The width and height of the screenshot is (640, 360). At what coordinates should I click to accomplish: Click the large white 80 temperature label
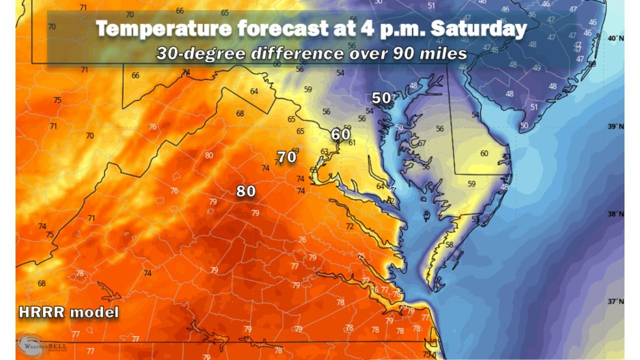click(x=246, y=191)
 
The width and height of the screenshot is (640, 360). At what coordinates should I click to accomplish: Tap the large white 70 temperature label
click(x=287, y=157)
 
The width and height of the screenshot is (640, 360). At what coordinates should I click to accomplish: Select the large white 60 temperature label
click(x=340, y=134)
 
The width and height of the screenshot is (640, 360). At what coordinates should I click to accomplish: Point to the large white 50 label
click(x=381, y=98)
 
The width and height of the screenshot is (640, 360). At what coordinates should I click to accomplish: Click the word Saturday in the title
click(x=478, y=28)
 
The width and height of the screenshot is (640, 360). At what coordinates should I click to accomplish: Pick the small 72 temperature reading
click(x=350, y=227)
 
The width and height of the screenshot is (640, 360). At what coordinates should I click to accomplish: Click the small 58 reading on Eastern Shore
click(x=449, y=244)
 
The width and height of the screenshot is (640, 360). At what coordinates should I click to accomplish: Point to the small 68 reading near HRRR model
click(x=41, y=283)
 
